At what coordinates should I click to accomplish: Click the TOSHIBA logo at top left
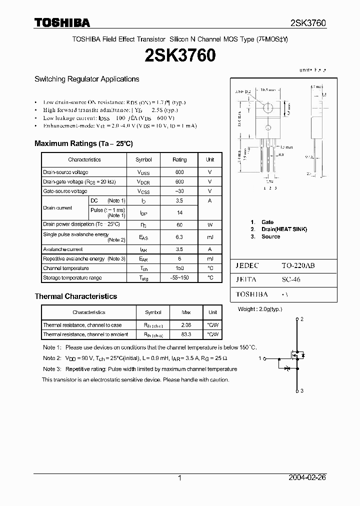(x=62, y=23)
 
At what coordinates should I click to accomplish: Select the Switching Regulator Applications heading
(x=86, y=79)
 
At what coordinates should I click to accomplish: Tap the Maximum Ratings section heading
(x=83, y=143)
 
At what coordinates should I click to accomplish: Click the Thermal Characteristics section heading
(x=75, y=296)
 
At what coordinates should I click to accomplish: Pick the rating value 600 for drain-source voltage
(x=179, y=172)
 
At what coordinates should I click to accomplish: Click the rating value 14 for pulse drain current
(x=179, y=212)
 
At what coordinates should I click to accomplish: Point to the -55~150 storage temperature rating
(x=179, y=277)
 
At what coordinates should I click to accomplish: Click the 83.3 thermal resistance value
(x=186, y=334)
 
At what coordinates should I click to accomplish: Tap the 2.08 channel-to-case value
(x=186, y=325)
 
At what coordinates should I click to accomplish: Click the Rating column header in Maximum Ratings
(x=179, y=159)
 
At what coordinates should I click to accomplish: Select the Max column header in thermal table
(x=186, y=312)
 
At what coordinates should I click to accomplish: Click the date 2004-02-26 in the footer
(x=307, y=478)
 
